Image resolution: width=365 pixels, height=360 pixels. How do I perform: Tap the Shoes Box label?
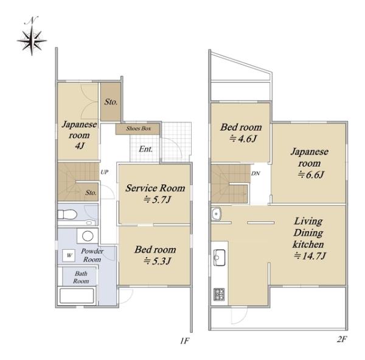coord(139,129)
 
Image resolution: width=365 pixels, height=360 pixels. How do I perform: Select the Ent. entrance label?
coord(146,149)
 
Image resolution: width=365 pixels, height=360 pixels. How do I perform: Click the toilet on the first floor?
coord(67,214)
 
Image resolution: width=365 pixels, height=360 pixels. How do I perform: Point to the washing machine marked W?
coord(69,255)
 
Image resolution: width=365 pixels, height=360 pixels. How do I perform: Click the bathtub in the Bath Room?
coord(77,296)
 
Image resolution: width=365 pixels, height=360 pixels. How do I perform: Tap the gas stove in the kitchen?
coord(219,294)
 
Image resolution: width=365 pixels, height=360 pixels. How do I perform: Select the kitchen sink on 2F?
coord(219,258)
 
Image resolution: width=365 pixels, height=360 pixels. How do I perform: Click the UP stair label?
coord(105,172)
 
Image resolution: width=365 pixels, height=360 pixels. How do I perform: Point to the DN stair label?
coord(255,174)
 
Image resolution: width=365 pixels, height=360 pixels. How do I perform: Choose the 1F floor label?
coord(184,341)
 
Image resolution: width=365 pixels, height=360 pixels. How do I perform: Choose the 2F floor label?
coord(342,339)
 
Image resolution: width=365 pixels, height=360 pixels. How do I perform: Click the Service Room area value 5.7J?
coord(158,200)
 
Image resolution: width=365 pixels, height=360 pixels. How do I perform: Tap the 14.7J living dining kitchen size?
coord(310,256)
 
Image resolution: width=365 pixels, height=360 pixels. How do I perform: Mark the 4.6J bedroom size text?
coord(243,139)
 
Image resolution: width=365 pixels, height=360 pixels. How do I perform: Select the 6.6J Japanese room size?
coord(311,174)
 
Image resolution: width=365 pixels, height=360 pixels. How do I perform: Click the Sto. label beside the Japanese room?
coord(111,102)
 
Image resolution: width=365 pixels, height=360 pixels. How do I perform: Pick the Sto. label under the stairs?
coord(91,192)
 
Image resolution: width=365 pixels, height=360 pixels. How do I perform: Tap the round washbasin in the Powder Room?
coord(88,236)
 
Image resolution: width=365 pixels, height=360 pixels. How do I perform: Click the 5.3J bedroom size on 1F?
coord(158,261)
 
